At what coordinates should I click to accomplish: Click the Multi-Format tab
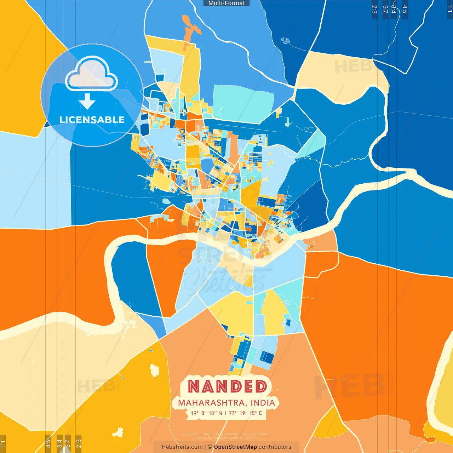coord(226,3)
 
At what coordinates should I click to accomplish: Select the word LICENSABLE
coord(92,120)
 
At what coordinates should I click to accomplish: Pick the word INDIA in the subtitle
coord(263,403)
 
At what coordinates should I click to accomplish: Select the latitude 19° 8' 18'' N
coord(207,413)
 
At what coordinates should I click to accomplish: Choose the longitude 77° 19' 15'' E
coord(246,413)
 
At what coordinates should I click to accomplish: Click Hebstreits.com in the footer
coord(182,447)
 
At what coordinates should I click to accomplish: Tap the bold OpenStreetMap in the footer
coord(235,447)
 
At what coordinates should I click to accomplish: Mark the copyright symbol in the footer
coord(210,447)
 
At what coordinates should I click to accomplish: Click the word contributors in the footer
coord(275,447)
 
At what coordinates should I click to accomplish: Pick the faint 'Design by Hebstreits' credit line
coord(226,438)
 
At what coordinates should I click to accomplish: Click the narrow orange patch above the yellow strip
coord(191,27)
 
